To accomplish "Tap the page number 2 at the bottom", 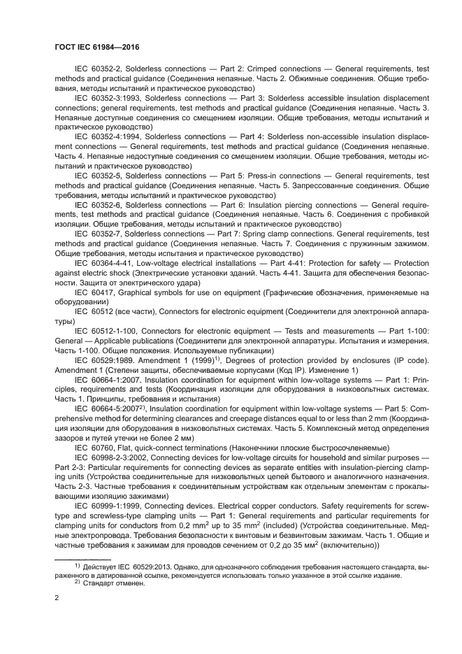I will (57, 599).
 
